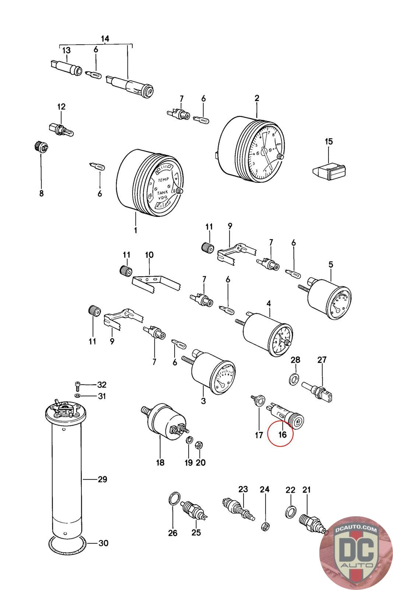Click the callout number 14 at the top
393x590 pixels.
click(x=105, y=38)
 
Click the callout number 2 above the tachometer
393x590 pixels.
click(x=257, y=98)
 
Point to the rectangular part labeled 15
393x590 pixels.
click(x=329, y=171)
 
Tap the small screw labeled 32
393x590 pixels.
click(x=77, y=385)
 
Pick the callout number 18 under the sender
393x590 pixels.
click(x=160, y=462)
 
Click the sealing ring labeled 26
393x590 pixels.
click(x=174, y=500)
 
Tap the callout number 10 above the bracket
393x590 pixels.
click(x=149, y=255)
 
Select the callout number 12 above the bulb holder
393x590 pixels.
click(x=61, y=107)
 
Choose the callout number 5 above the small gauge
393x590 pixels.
click(x=331, y=264)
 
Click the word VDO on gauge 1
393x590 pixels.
click(x=162, y=198)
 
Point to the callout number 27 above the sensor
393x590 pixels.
click(x=322, y=360)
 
